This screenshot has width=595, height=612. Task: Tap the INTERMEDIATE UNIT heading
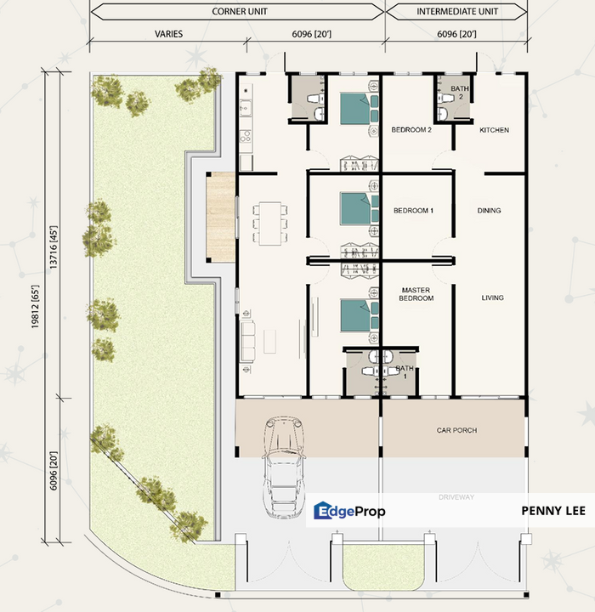point(457,12)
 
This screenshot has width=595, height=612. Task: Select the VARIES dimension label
point(168,34)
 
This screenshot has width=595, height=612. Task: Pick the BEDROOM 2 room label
point(412,130)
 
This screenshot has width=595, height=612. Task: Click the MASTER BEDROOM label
point(416,294)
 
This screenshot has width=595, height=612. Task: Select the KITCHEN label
point(494,130)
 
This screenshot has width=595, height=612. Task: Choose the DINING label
point(489,211)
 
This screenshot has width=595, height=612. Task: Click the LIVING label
point(492,297)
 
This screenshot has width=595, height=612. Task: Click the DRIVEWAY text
point(456,496)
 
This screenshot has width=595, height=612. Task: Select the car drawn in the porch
point(283,467)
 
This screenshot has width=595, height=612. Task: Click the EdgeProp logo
point(349,511)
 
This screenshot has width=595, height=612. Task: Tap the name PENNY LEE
point(552,511)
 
